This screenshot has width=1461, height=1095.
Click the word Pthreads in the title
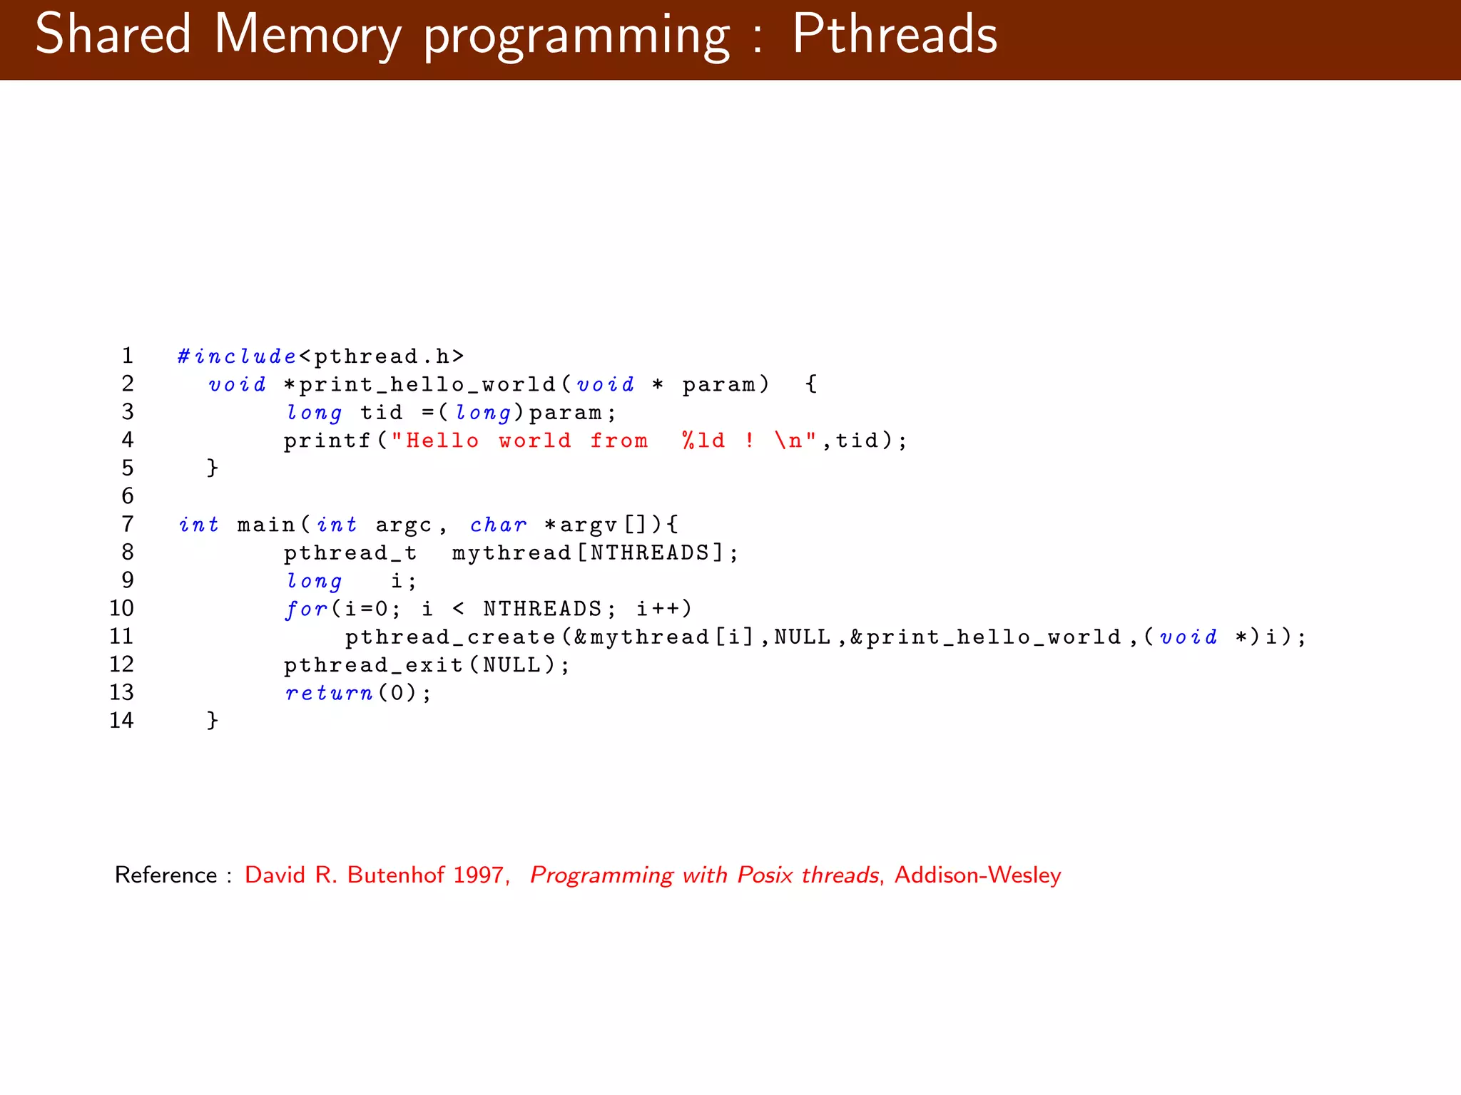click(895, 34)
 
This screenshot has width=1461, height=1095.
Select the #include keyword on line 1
click(237, 356)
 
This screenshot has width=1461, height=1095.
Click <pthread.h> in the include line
click(382, 356)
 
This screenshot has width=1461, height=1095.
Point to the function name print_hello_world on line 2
click(427, 385)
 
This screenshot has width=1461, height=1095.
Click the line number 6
click(128, 495)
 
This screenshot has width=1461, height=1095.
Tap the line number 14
click(121, 720)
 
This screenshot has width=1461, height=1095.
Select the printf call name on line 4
click(327, 441)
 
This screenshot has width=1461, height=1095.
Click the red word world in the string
click(535, 441)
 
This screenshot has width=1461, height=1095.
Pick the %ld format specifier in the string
click(703, 441)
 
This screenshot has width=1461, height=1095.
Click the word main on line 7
click(266, 525)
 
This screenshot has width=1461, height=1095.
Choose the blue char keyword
click(498, 525)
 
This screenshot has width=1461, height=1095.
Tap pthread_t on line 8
click(350, 552)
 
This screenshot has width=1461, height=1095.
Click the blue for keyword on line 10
click(306, 609)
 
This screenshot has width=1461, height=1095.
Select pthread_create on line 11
click(450, 637)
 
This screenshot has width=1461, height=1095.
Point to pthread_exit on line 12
click(374, 665)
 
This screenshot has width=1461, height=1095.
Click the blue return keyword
click(329, 693)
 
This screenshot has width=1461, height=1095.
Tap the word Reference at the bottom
click(166, 875)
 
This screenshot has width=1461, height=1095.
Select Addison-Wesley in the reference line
click(977, 875)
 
